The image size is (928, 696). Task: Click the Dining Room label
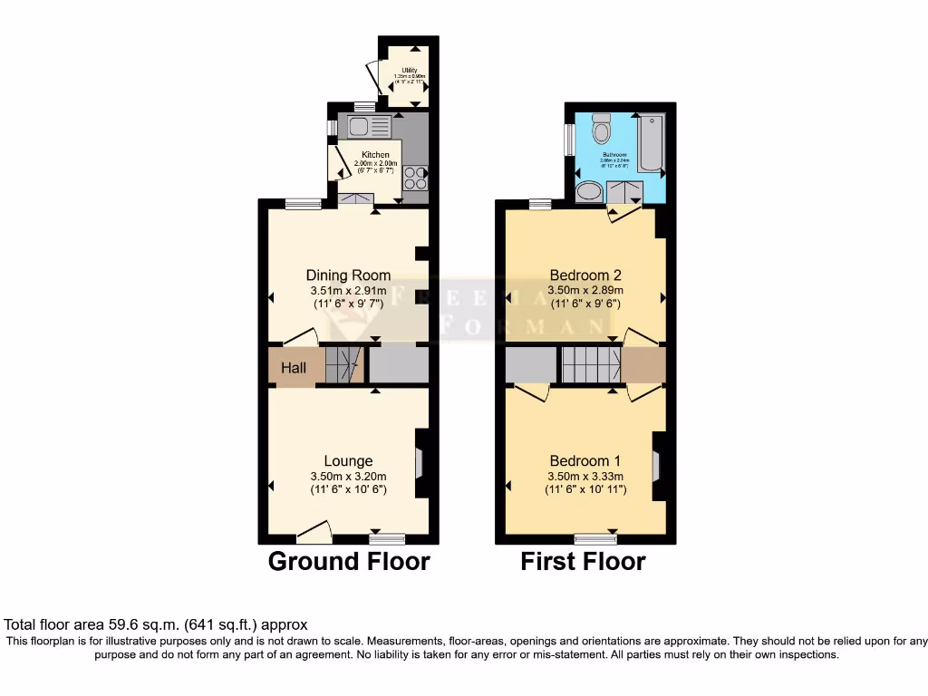[348, 275]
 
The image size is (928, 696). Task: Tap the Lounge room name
[348, 460]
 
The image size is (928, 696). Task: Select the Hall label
[293, 368]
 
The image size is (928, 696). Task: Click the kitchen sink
[360, 126]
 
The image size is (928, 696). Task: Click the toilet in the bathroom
[600, 133]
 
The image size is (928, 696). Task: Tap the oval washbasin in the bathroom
[589, 191]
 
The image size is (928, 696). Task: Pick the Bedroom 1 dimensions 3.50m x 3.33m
[585, 476]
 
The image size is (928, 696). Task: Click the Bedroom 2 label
[585, 275]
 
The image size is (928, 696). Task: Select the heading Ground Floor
[349, 562]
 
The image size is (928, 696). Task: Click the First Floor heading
[583, 562]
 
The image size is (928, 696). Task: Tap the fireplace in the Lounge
[419, 463]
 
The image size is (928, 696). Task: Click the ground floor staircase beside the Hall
[343, 364]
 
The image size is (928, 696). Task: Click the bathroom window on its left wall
[569, 140]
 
